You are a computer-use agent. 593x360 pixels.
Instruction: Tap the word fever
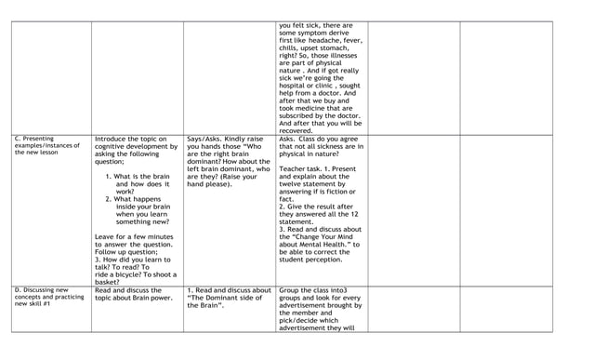point(349,43)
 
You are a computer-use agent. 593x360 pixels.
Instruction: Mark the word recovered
point(297,131)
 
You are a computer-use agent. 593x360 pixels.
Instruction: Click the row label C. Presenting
point(34,140)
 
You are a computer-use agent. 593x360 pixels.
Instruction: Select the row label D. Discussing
point(34,290)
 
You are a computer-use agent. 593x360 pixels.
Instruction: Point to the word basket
point(110,282)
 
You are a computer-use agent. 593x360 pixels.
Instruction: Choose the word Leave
point(105,236)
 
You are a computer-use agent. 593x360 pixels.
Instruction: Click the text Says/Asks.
point(207,140)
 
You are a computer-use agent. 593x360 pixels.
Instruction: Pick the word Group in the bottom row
point(290,290)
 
